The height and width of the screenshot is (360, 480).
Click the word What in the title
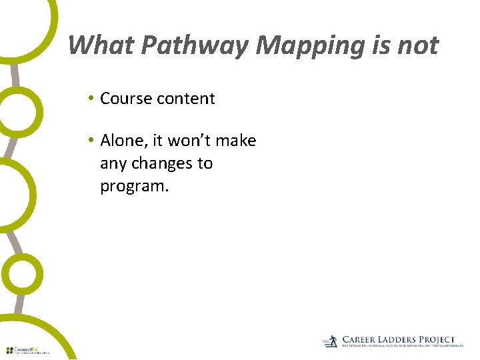point(93,45)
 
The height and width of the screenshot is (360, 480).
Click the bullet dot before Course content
point(90,99)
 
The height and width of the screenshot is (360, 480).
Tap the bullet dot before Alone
point(90,141)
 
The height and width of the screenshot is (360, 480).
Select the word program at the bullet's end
point(133,187)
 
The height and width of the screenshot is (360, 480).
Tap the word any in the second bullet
point(113,163)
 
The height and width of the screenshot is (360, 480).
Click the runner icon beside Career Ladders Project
point(331,342)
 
